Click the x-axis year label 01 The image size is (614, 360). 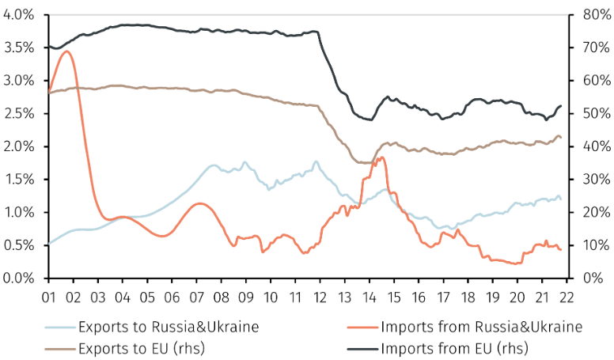pyautogui.click(x=48, y=294)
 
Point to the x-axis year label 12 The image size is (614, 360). pyautogui.click(x=320, y=294)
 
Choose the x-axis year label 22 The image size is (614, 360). pyautogui.click(x=567, y=294)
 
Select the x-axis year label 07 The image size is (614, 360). pyautogui.click(x=196, y=294)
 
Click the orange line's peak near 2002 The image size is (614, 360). pyautogui.click(x=66, y=51)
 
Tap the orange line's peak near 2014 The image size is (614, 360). pyautogui.click(x=382, y=157)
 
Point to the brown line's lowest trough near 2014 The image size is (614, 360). pyautogui.click(x=368, y=163)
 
